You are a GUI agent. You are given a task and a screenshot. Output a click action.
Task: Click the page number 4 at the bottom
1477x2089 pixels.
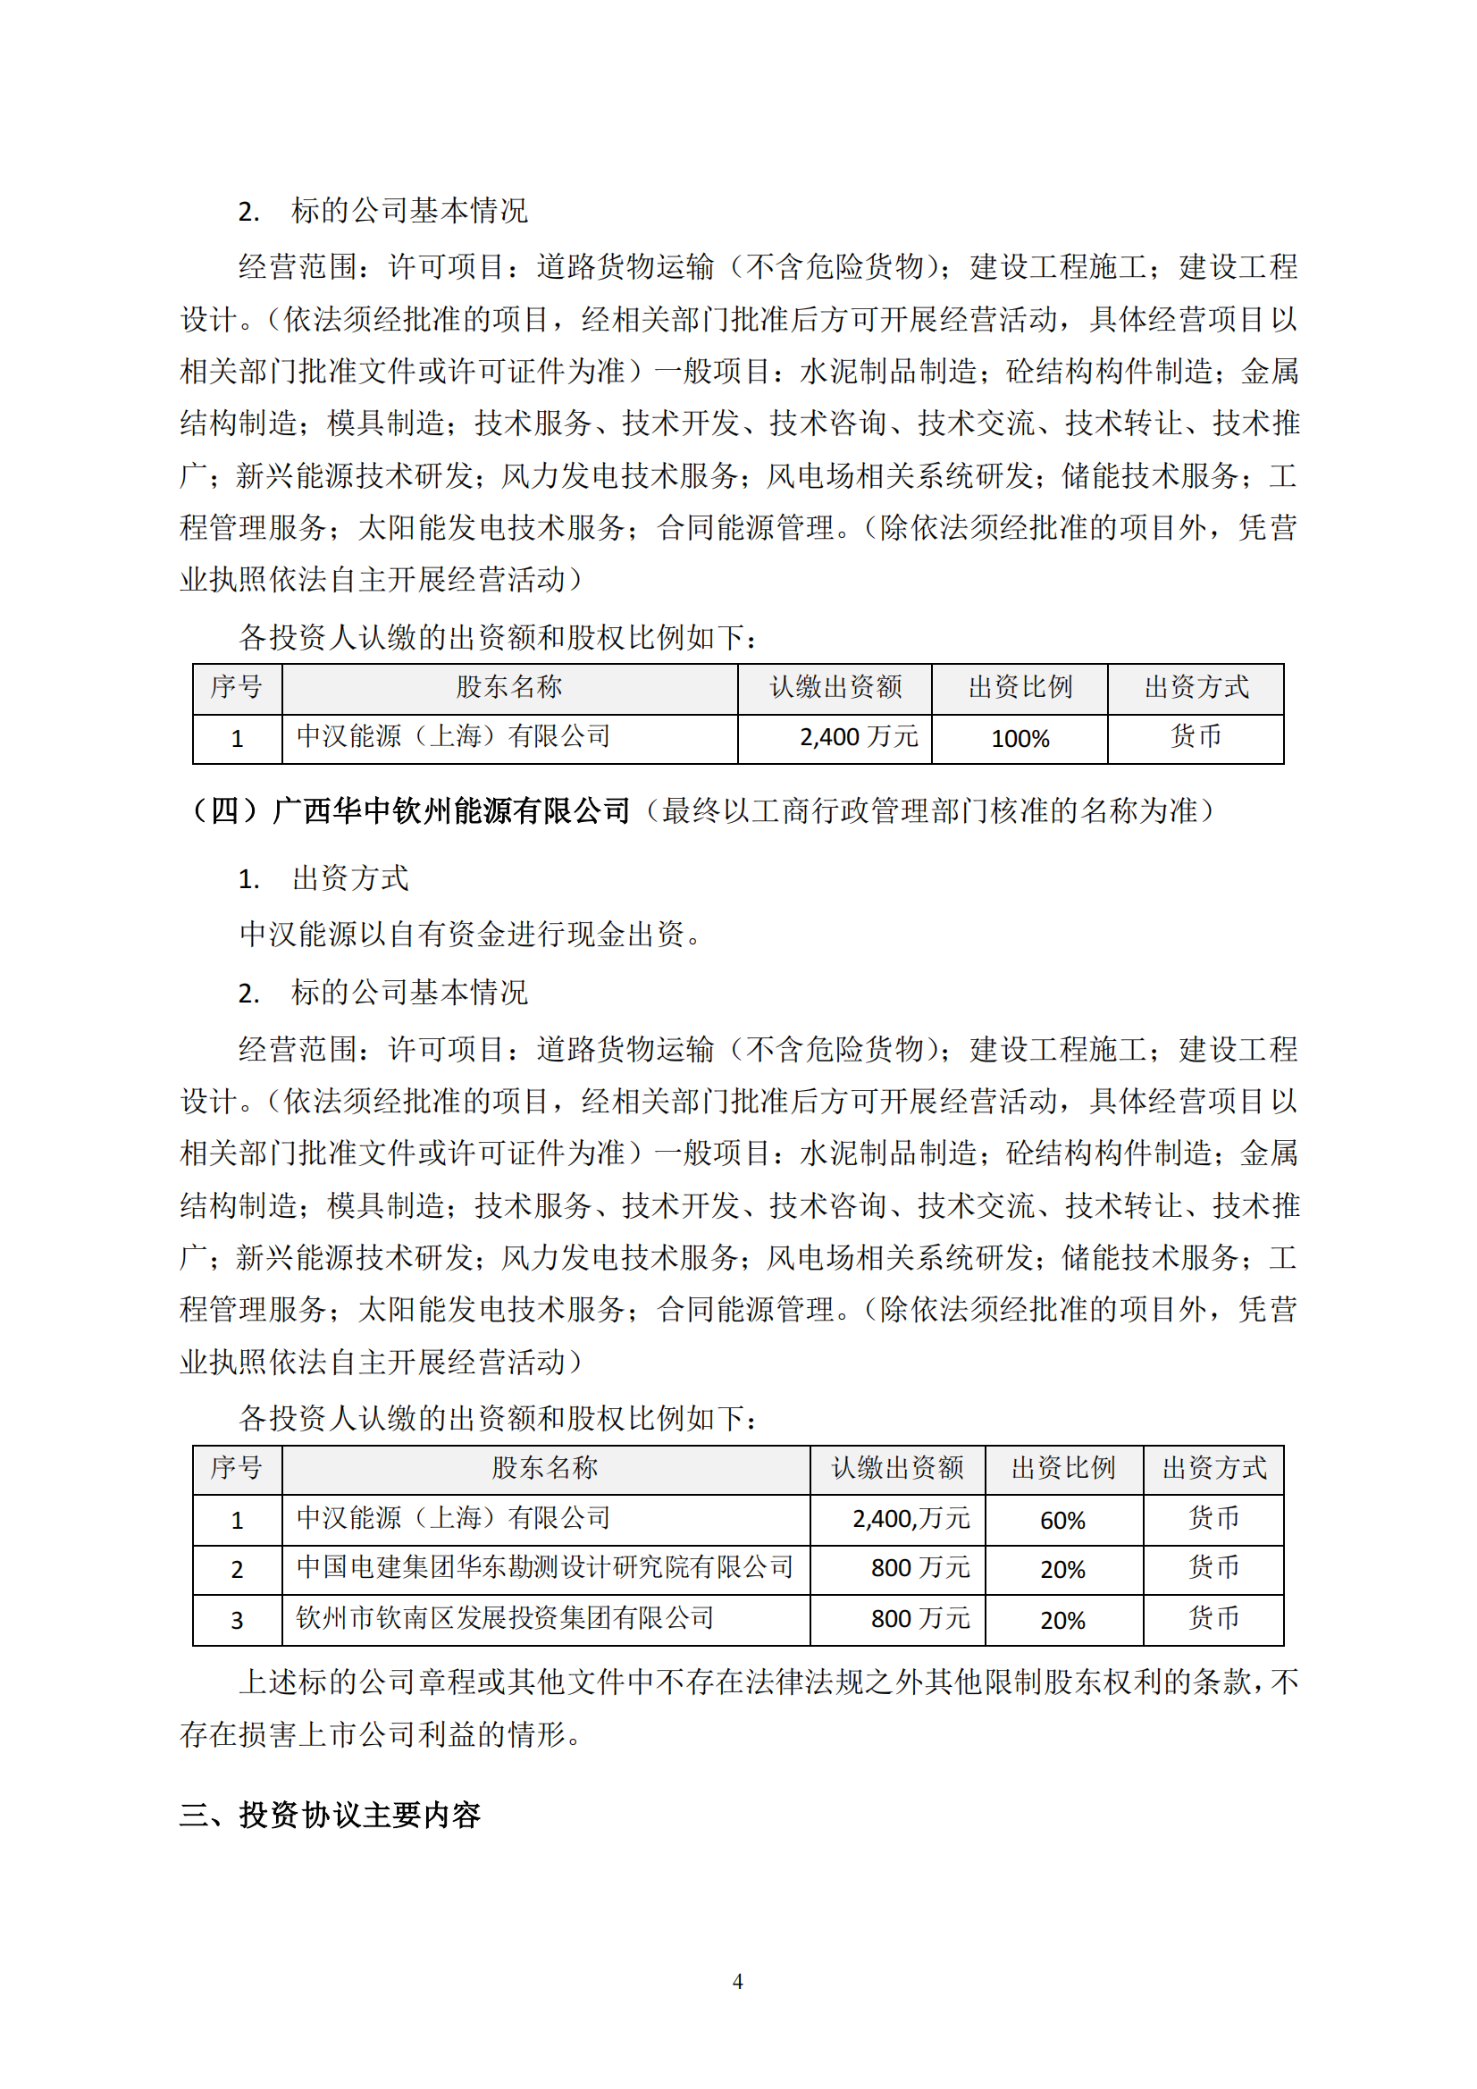click(737, 1981)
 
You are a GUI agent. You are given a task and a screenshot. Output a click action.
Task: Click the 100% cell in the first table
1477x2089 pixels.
click(1020, 739)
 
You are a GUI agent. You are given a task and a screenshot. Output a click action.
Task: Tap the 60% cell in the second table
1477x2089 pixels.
click(1062, 1521)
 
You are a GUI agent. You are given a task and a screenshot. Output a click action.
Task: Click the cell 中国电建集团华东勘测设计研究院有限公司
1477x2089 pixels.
click(544, 1568)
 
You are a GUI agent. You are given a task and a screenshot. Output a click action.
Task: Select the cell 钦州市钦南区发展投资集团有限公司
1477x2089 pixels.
click(505, 1619)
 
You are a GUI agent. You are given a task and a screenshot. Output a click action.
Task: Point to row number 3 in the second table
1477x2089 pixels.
click(237, 1620)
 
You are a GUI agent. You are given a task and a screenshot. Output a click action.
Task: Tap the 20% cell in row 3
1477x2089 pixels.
click(1062, 1621)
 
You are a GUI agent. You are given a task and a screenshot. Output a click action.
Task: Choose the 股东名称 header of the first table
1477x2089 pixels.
click(508, 688)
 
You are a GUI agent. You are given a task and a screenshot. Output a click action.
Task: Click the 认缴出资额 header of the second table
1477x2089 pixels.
click(897, 1468)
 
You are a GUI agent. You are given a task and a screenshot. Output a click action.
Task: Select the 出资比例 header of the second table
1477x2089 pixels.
click(1063, 1468)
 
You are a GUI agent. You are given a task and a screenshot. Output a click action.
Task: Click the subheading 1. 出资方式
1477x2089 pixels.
click(323, 879)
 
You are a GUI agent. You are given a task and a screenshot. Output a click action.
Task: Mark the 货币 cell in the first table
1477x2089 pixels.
click(1195, 737)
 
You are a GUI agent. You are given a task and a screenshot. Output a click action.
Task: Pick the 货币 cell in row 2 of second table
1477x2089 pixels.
click(1213, 1568)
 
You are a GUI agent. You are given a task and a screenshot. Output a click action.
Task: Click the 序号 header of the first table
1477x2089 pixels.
click(237, 688)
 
